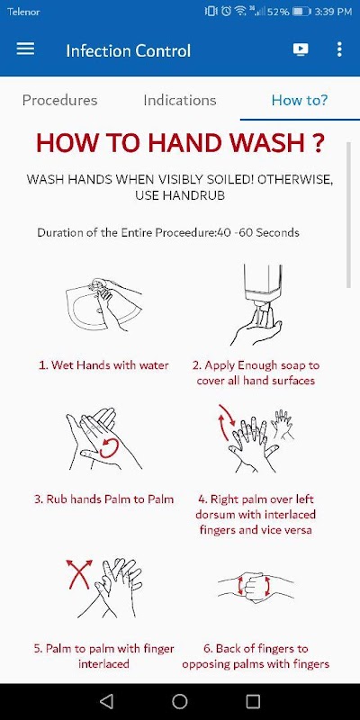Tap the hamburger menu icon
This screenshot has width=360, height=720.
(25, 49)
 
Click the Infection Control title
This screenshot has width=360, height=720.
(128, 50)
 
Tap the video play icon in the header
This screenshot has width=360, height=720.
(301, 49)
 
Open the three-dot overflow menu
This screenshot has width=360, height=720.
(339, 49)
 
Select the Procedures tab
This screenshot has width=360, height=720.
(59, 100)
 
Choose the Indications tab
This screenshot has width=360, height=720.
(179, 100)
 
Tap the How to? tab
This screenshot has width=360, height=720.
(300, 100)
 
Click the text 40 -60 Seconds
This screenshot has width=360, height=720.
(258, 232)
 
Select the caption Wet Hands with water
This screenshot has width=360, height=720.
(103, 365)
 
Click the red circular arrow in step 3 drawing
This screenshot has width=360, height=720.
(110, 448)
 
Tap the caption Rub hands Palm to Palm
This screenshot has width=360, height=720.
(103, 499)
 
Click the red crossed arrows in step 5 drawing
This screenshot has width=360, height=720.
(79, 574)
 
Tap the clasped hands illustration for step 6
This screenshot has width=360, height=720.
(256, 587)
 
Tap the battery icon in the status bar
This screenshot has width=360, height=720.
(301, 11)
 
